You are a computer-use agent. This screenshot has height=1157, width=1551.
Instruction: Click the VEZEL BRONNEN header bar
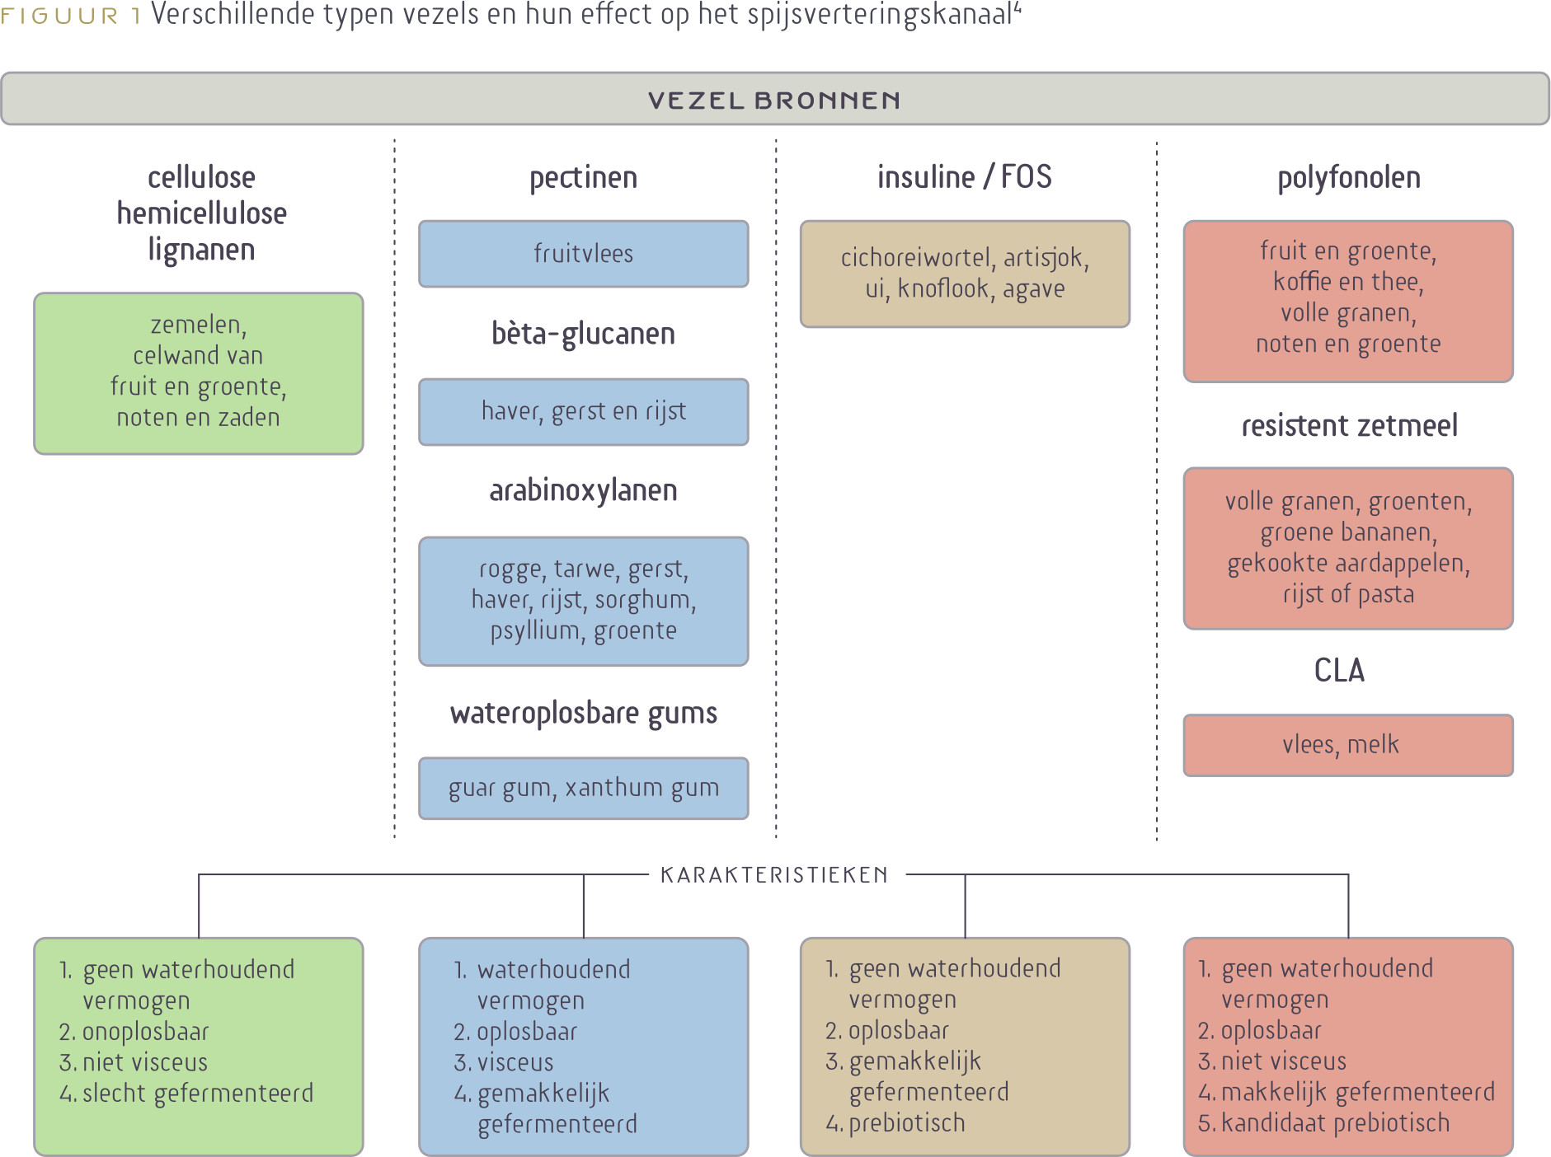[x=775, y=99]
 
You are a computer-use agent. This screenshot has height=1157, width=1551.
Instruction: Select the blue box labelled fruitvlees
[x=584, y=254]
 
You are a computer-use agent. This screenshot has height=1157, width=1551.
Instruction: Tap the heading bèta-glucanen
[x=584, y=334]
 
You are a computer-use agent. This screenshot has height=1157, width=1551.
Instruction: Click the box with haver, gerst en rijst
[x=584, y=412]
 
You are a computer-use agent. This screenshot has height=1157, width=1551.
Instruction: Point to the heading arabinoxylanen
[x=584, y=491]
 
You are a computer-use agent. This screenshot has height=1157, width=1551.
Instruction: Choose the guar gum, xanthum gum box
[x=584, y=789]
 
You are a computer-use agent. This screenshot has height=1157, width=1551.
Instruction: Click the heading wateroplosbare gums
[x=584, y=714]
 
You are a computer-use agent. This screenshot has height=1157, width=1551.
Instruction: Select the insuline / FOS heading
[x=965, y=177]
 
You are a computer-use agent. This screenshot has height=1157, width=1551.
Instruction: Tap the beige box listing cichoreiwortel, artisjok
[x=965, y=274]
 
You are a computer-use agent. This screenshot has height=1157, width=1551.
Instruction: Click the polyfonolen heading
[x=1349, y=178]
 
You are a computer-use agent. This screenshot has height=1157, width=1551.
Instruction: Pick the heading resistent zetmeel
[x=1350, y=426]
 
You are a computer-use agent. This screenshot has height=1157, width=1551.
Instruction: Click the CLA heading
[x=1339, y=671]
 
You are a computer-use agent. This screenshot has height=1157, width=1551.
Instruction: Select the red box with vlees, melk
[x=1348, y=746]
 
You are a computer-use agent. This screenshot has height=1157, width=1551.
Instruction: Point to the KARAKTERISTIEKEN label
[x=774, y=875]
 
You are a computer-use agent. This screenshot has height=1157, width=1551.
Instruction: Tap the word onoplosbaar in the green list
[x=146, y=1032]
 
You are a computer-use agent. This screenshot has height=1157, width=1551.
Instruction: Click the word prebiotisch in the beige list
[x=907, y=1123]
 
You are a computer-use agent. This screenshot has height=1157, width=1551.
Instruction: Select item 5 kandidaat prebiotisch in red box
[x=1323, y=1123]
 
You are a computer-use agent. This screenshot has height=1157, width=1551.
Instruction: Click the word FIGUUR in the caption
[x=59, y=16]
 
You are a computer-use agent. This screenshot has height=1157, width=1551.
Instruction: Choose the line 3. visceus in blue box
[x=503, y=1062]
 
